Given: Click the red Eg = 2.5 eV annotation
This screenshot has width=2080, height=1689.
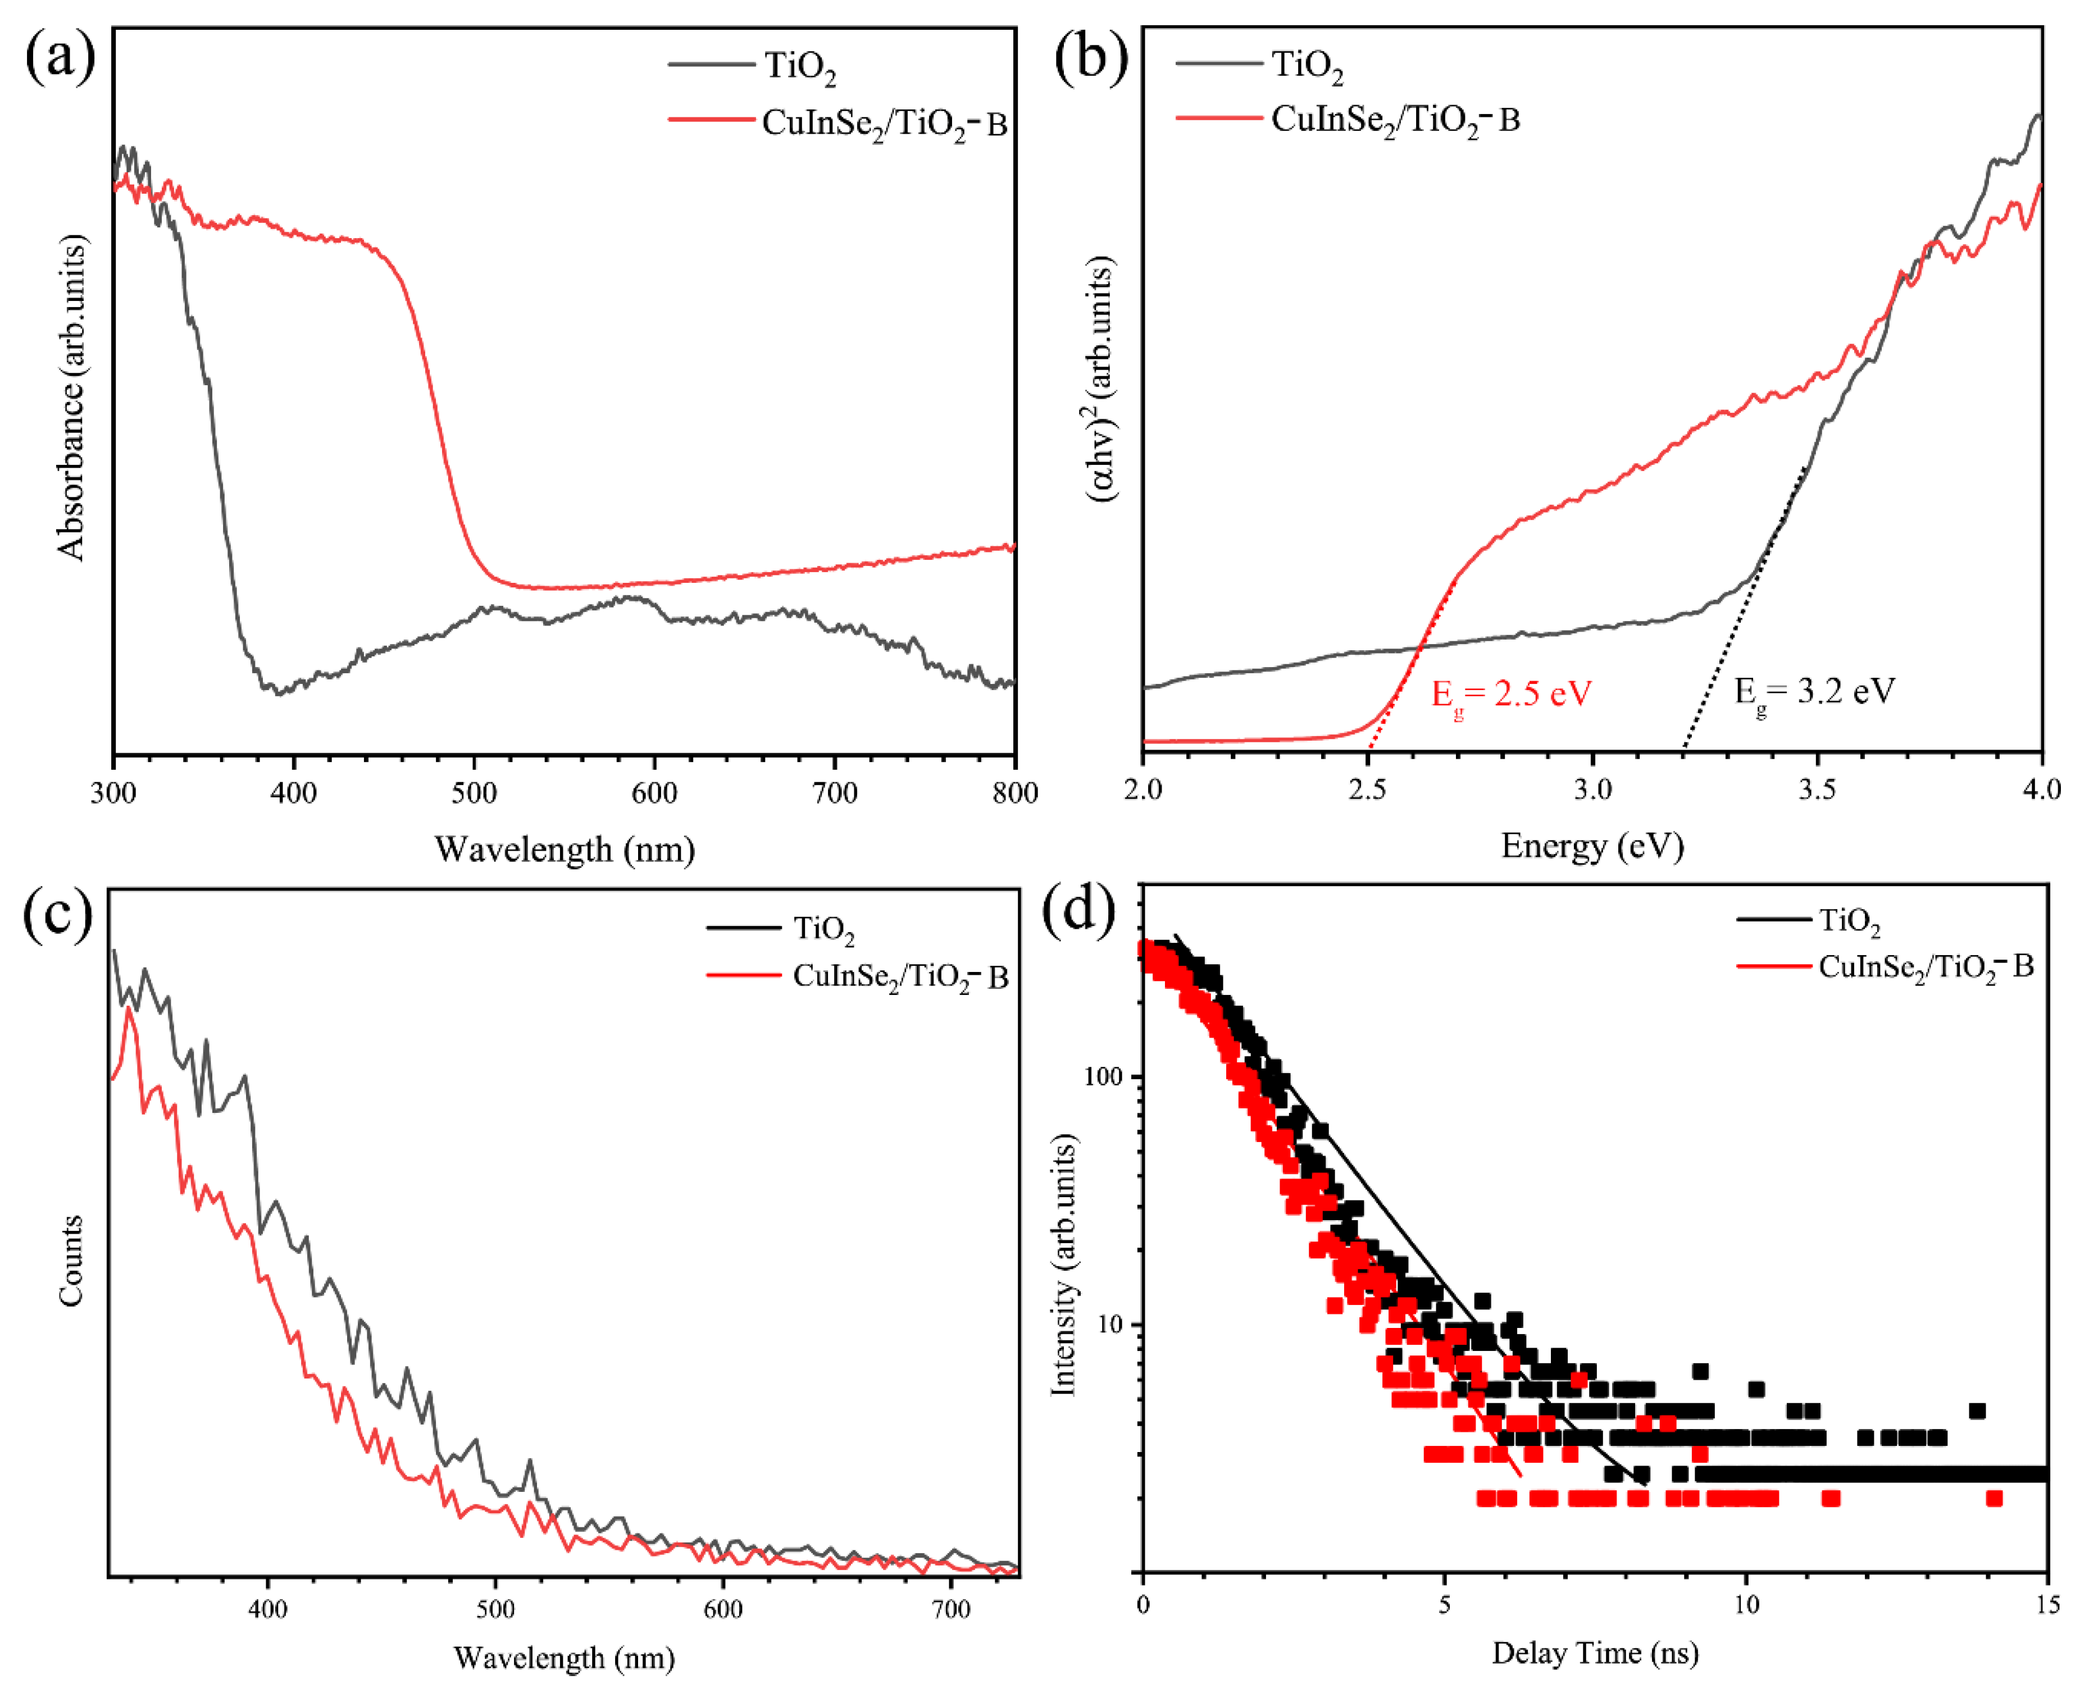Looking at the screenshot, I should click(1510, 695).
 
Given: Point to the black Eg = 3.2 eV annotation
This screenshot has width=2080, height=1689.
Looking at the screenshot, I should click(1814, 693).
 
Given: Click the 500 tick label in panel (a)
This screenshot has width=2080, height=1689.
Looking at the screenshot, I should click(474, 793).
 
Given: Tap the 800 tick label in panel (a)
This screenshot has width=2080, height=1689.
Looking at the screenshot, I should click(1014, 793).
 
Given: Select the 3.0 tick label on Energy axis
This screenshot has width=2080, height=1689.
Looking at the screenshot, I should click(1592, 789).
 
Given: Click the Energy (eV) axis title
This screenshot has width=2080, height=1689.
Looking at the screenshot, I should click(1592, 846).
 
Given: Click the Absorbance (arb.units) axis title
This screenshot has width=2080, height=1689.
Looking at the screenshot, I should click(71, 398).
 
